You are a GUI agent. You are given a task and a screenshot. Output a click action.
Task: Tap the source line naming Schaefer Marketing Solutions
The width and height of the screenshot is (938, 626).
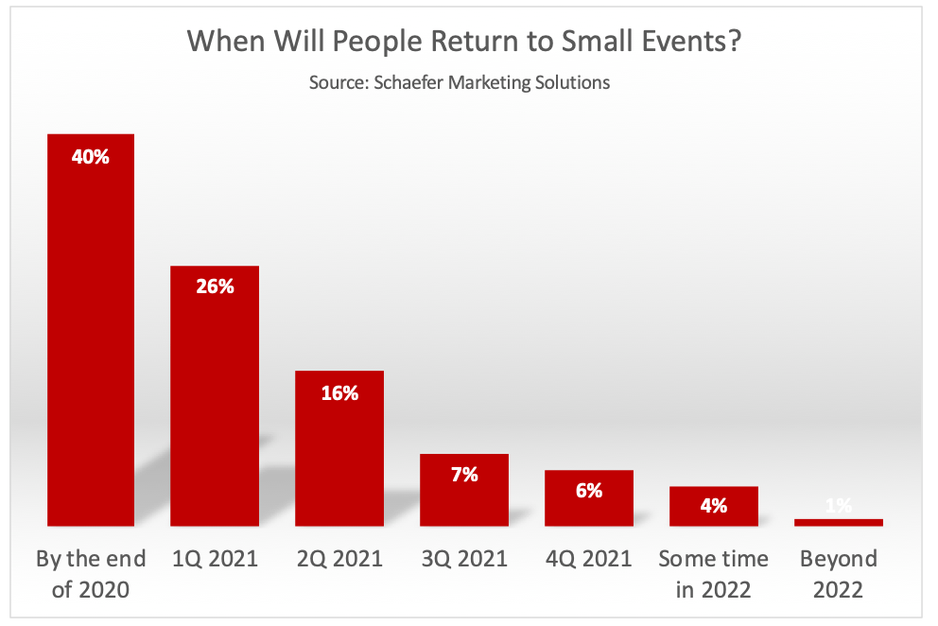(459, 82)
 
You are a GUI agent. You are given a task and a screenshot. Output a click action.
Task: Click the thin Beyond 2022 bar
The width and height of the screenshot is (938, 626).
(839, 522)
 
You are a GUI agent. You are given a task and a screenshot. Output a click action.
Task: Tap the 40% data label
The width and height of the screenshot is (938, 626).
(91, 157)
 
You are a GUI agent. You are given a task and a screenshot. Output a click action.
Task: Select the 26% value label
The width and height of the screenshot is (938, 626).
(215, 286)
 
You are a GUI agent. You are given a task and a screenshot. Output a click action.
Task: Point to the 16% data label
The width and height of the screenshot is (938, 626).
(339, 392)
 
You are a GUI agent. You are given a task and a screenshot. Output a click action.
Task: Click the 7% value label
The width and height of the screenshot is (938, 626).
(464, 475)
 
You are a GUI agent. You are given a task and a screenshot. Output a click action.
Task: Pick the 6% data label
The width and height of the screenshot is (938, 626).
(589, 490)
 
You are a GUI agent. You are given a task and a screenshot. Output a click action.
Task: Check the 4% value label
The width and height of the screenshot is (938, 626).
(714, 506)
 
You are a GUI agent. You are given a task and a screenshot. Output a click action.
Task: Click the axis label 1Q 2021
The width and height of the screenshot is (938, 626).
(215, 559)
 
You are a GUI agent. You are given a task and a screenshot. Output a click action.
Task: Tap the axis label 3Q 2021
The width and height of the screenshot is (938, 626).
(464, 559)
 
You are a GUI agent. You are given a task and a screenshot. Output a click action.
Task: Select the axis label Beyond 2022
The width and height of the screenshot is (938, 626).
(839, 574)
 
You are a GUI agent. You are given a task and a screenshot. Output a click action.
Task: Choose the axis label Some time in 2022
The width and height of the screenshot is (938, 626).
(714, 574)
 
